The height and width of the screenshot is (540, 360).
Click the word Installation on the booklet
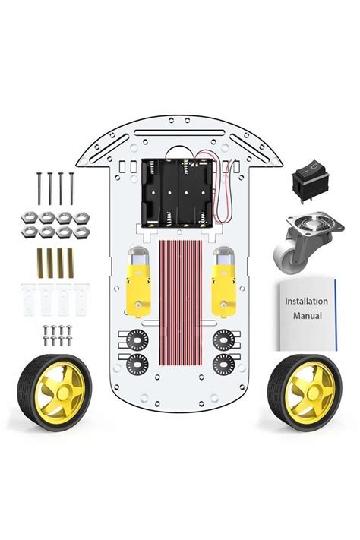306,302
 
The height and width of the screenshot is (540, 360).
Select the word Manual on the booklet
308,316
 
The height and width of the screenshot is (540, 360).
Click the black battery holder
178,193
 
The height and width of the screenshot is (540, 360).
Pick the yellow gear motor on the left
138,281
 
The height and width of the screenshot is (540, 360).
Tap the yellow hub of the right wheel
310,392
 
